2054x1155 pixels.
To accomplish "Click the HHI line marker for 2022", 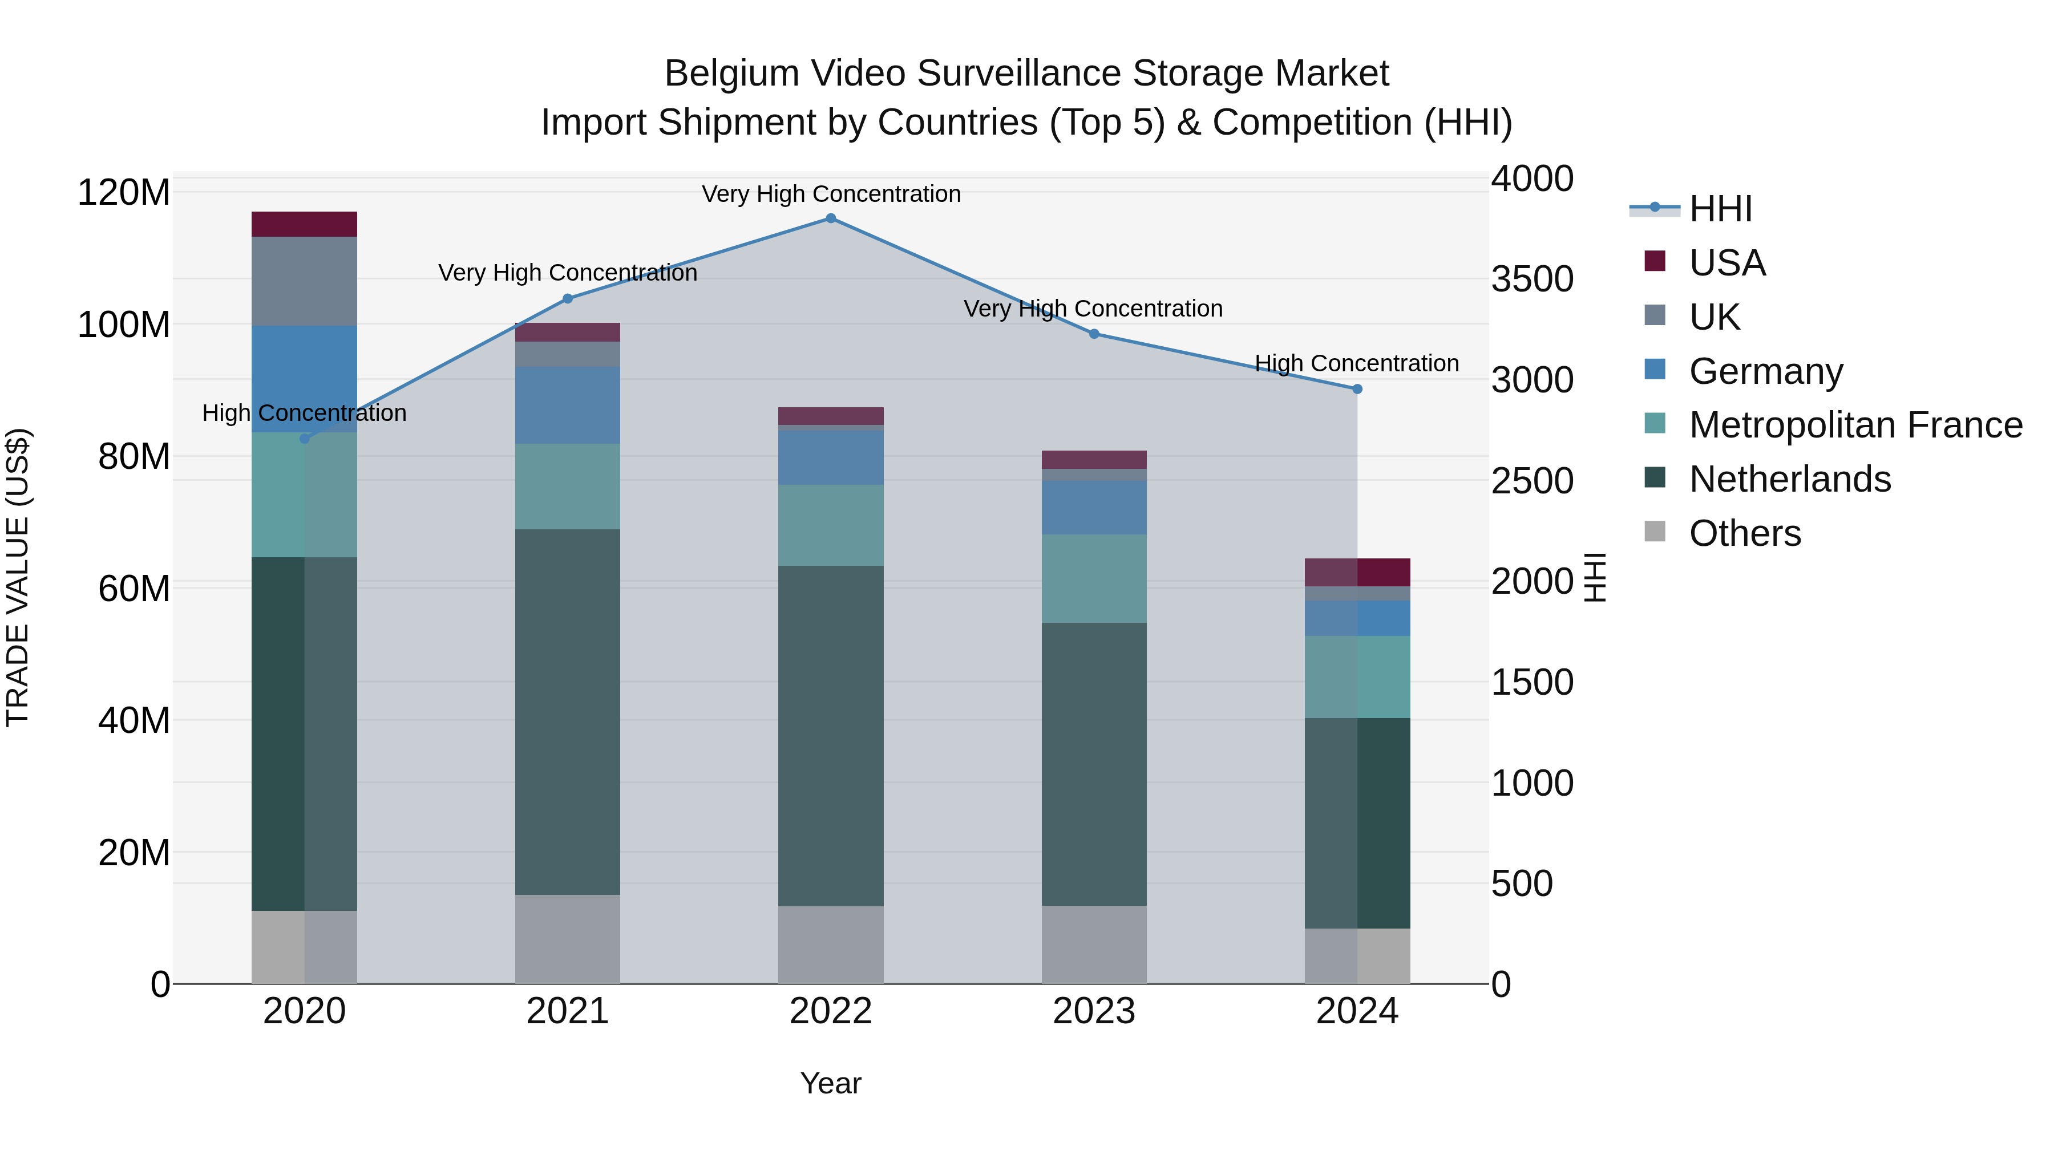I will pyautogui.click(x=830, y=218).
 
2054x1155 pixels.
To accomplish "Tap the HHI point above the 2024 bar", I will pyautogui.click(x=1357, y=389).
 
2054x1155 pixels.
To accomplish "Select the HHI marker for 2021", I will pyautogui.click(x=568, y=299).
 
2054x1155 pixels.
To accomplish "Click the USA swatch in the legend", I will pyautogui.click(x=1655, y=261).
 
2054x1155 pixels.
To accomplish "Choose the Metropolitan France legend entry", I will pyautogui.click(x=1855, y=425).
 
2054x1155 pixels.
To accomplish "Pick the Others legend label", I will pyautogui.click(x=1745, y=533).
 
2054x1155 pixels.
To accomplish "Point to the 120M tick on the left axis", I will pyautogui.click(x=124, y=193).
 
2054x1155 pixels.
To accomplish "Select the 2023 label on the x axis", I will pyautogui.click(x=1093, y=1011).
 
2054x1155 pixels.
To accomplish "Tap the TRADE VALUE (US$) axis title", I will pyautogui.click(x=18, y=577).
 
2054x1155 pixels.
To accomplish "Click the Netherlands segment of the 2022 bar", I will pyautogui.click(x=830, y=735).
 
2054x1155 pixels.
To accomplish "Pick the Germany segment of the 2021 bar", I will pyautogui.click(x=568, y=405).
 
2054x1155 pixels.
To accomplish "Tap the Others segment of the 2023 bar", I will pyautogui.click(x=1093, y=944).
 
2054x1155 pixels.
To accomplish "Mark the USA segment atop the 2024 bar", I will pyautogui.click(x=1357, y=572).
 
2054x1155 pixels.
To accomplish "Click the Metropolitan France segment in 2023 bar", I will pyautogui.click(x=1093, y=579).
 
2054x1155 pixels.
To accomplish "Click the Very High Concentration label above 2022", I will pyautogui.click(x=831, y=194).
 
